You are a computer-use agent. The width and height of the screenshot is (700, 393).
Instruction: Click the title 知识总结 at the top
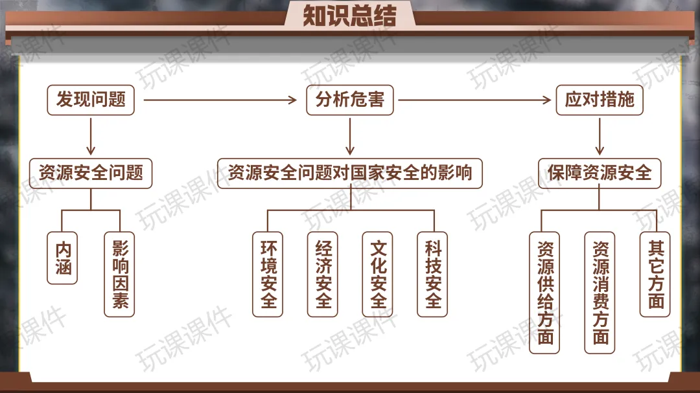[x=349, y=16]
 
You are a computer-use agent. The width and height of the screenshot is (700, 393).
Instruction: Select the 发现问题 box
[x=91, y=100]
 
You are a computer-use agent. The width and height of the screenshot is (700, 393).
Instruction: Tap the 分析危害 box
[x=350, y=100]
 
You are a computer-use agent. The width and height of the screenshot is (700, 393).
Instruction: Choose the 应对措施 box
[x=600, y=100]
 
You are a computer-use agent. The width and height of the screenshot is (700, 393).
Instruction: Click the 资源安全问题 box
[x=91, y=174]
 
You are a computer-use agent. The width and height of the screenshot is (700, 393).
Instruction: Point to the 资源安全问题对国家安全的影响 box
[x=350, y=174]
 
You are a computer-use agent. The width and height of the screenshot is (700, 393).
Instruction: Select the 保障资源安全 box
[x=600, y=174]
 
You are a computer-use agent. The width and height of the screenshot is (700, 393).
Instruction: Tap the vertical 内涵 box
[x=63, y=258]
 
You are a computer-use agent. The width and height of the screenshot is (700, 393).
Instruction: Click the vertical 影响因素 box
[x=119, y=274]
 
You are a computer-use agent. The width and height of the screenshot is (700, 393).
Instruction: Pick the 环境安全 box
[x=268, y=274]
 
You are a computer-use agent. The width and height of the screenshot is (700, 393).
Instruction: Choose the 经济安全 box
[x=323, y=274]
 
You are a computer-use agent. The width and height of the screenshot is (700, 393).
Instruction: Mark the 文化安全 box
[x=378, y=274]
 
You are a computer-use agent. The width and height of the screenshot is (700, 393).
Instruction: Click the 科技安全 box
[x=432, y=274]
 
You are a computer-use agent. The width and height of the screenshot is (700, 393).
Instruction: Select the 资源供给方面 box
[x=544, y=292]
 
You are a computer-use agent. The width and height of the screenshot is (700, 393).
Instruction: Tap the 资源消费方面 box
[x=600, y=292]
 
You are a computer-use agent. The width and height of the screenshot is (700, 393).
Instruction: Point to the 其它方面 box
[x=655, y=274]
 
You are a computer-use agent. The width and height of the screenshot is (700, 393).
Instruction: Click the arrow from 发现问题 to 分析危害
[x=220, y=100]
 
